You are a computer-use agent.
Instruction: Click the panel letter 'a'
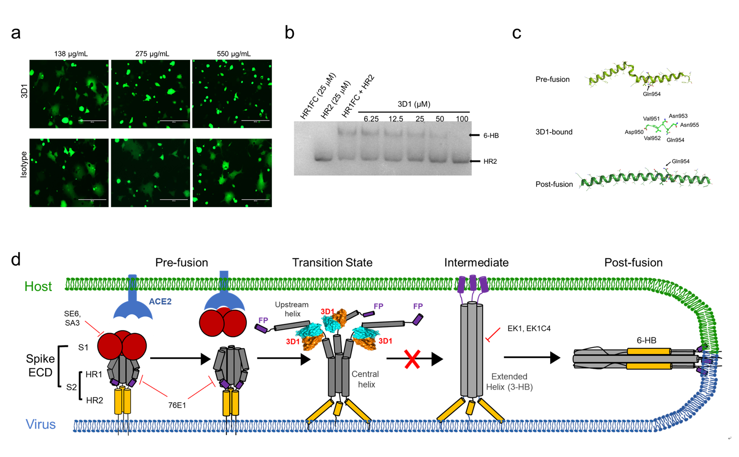pyautogui.click(x=16, y=33)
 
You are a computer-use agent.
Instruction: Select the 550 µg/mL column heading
pyautogui.click(x=233, y=54)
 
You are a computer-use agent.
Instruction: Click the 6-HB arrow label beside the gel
pyautogui.click(x=491, y=136)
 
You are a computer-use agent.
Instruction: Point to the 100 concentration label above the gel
pyautogui.click(x=462, y=119)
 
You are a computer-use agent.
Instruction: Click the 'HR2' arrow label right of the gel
pyautogui.click(x=490, y=161)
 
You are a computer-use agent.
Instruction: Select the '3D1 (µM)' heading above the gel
pyautogui.click(x=413, y=104)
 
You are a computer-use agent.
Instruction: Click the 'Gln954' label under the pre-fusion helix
pyautogui.click(x=652, y=94)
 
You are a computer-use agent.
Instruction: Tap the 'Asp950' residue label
pyautogui.click(x=634, y=132)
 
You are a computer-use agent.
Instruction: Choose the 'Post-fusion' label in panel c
pyautogui.click(x=554, y=184)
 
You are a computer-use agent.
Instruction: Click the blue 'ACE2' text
pyautogui.click(x=160, y=301)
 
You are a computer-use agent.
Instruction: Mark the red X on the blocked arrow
pyautogui.click(x=412, y=359)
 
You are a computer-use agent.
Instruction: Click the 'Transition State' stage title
pyautogui.click(x=332, y=263)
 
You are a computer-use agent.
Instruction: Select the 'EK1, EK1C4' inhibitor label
pyautogui.click(x=529, y=329)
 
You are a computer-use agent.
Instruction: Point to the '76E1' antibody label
pyautogui.click(x=177, y=405)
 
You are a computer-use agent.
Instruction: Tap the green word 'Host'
pyautogui.click(x=38, y=287)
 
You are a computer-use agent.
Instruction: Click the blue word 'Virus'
pyautogui.click(x=40, y=424)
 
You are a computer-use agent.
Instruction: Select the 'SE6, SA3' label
pyautogui.click(x=72, y=318)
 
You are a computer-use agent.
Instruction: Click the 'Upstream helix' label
pyautogui.click(x=292, y=309)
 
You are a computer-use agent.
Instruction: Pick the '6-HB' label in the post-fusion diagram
pyautogui.click(x=646, y=340)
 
